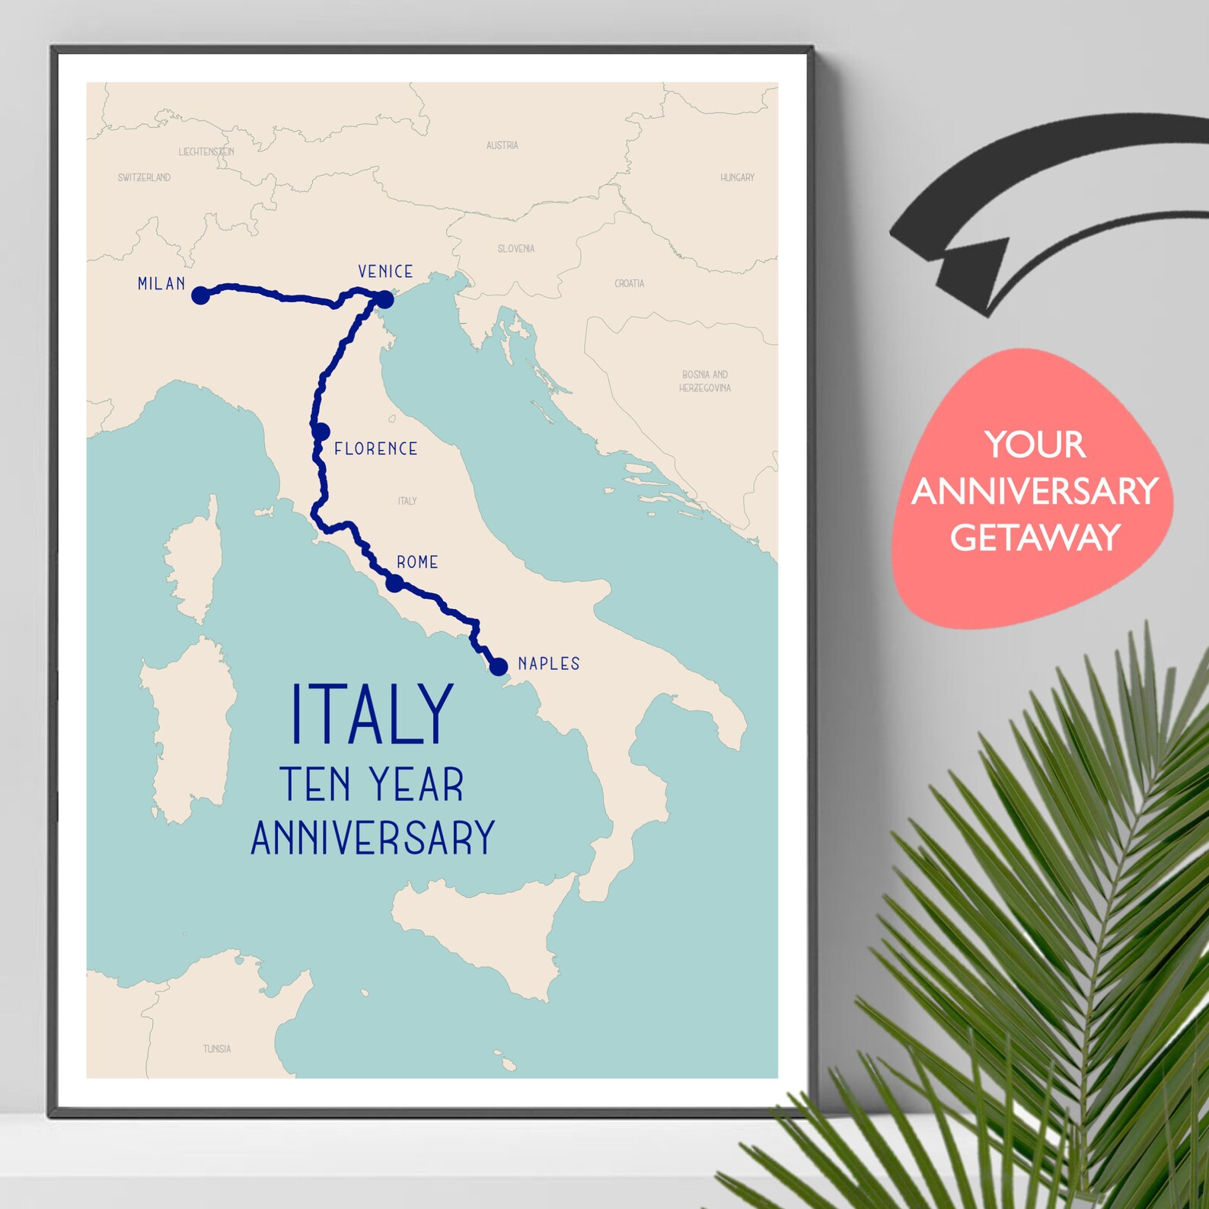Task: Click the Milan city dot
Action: pos(200,295)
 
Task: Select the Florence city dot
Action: pos(321,432)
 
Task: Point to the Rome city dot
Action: pos(394,584)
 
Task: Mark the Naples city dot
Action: pos(498,667)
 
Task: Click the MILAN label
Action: pos(161,284)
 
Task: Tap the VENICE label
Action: pos(385,272)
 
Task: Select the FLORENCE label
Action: pos(376,449)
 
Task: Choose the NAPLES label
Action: pos(549,664)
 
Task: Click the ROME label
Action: pos(417,563)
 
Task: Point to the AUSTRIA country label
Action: pos(502,145)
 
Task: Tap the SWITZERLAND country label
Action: pos(144,177)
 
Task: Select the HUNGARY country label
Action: pos(737,177)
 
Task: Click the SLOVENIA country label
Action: pos(516,249)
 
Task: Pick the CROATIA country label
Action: pos(630,283)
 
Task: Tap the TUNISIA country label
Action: pos(217,1049)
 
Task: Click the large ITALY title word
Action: pos(372,715)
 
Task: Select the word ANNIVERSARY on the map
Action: pos(373,838)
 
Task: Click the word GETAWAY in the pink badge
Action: pos(1035,538)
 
